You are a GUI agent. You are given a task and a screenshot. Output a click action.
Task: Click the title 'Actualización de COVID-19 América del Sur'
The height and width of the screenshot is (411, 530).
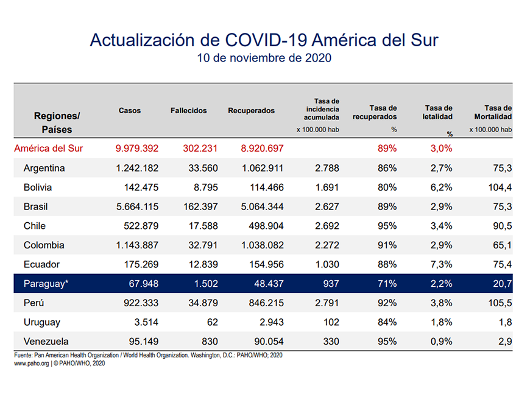tap(264, 40)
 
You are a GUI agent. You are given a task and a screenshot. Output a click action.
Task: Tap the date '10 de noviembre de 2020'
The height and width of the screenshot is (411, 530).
tap(264, 58)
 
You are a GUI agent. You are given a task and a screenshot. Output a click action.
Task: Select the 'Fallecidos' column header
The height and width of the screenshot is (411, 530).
tap(188, 111)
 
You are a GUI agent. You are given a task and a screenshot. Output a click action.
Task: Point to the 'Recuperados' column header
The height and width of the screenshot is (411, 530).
tap(251, 111)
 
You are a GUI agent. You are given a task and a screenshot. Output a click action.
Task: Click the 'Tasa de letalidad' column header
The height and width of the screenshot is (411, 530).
tap(438, 112)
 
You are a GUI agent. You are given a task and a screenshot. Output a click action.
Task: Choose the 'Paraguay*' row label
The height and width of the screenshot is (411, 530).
tap(46, 284)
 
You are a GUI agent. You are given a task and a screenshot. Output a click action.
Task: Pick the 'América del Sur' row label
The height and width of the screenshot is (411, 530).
tap(48, 148)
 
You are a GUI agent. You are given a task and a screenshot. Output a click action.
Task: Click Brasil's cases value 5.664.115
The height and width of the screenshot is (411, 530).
tap(137, 206)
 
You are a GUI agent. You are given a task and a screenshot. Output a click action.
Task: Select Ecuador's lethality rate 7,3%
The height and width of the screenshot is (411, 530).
tap(440, 264)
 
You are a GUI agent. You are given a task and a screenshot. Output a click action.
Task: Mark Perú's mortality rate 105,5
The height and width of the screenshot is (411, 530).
tap(500, 303)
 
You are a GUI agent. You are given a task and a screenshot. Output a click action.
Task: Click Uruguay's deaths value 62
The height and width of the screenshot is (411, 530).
tap(211, 322)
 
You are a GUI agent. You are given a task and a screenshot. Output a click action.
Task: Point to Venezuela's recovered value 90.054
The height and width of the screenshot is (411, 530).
tap(263, 342)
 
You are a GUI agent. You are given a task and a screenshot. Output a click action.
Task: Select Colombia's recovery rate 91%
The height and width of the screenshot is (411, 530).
tap(387, 245)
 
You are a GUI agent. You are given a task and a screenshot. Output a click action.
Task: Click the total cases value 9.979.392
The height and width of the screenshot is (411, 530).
tap(137, 148)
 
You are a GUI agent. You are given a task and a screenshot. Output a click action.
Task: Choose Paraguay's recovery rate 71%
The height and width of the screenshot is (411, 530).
tap(387, 284)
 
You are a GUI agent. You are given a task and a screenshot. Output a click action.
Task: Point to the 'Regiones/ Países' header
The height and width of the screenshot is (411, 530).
tap(57, 122)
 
